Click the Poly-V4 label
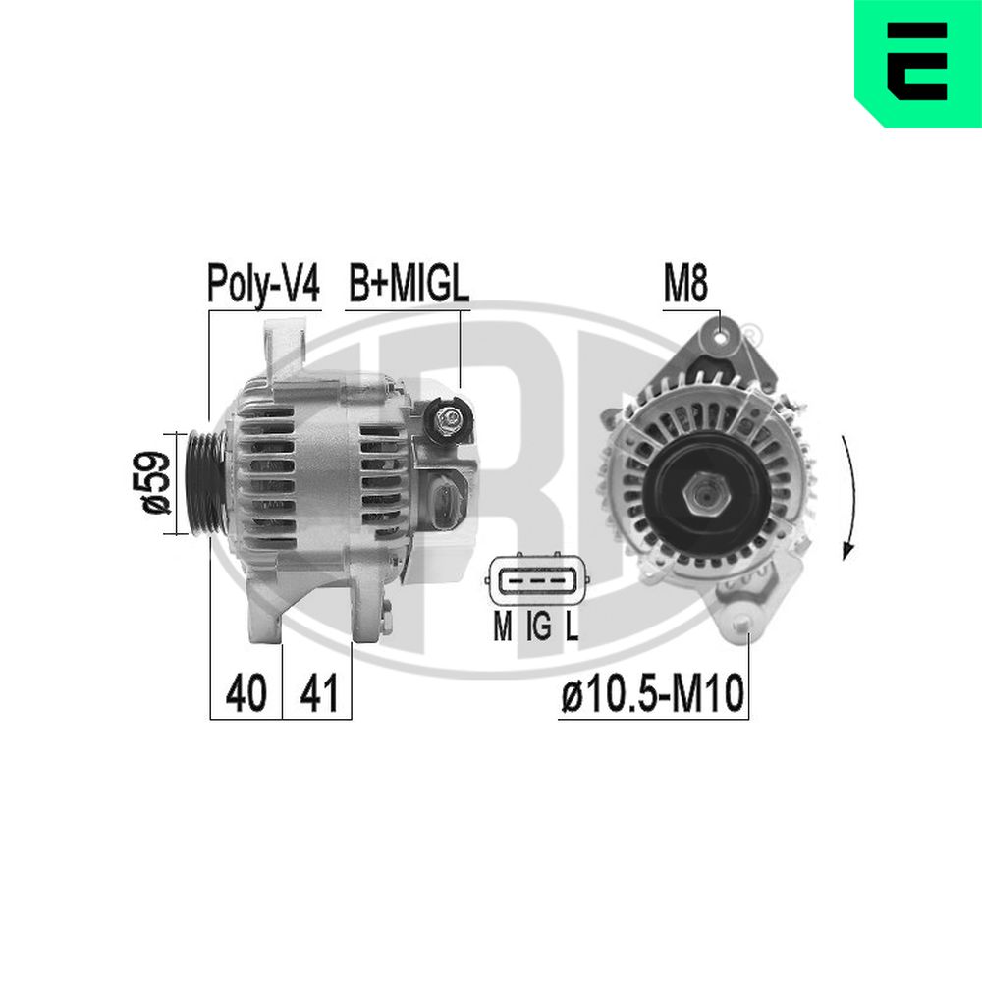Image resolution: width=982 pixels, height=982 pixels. [263, 284]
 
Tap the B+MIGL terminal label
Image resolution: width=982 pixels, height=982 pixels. [409, 284]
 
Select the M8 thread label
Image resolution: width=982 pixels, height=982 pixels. [685, 285]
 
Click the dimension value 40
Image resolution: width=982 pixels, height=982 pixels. [245, 693]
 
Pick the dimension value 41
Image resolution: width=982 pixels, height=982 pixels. [318, 693]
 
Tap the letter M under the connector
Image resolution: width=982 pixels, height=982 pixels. [502, 627]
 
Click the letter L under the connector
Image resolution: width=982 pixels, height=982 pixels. [572, 627]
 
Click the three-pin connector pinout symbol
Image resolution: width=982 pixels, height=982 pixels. [537, 581]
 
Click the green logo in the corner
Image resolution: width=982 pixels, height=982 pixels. [917, 62]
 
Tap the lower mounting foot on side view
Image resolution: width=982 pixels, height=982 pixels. [270, 619]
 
